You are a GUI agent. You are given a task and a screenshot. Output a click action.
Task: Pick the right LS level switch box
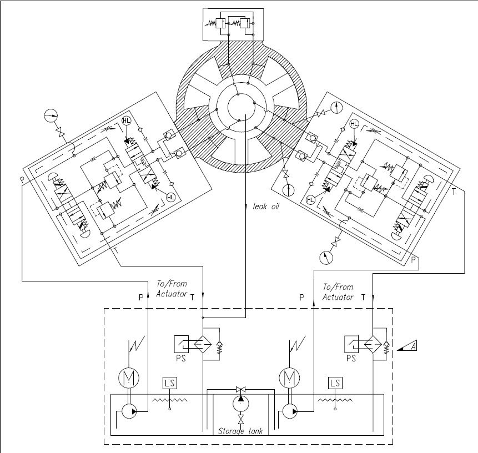[335, 383]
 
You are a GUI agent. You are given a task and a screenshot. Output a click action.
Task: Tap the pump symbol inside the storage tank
[240, 400]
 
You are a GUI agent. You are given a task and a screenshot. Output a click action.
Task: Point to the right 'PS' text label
[350, 359]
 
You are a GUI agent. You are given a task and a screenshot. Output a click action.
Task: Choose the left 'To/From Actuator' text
[172, 289]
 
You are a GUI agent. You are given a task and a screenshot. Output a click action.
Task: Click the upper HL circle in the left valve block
[126, 120]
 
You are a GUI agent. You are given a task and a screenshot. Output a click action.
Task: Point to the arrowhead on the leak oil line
[246, 207]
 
